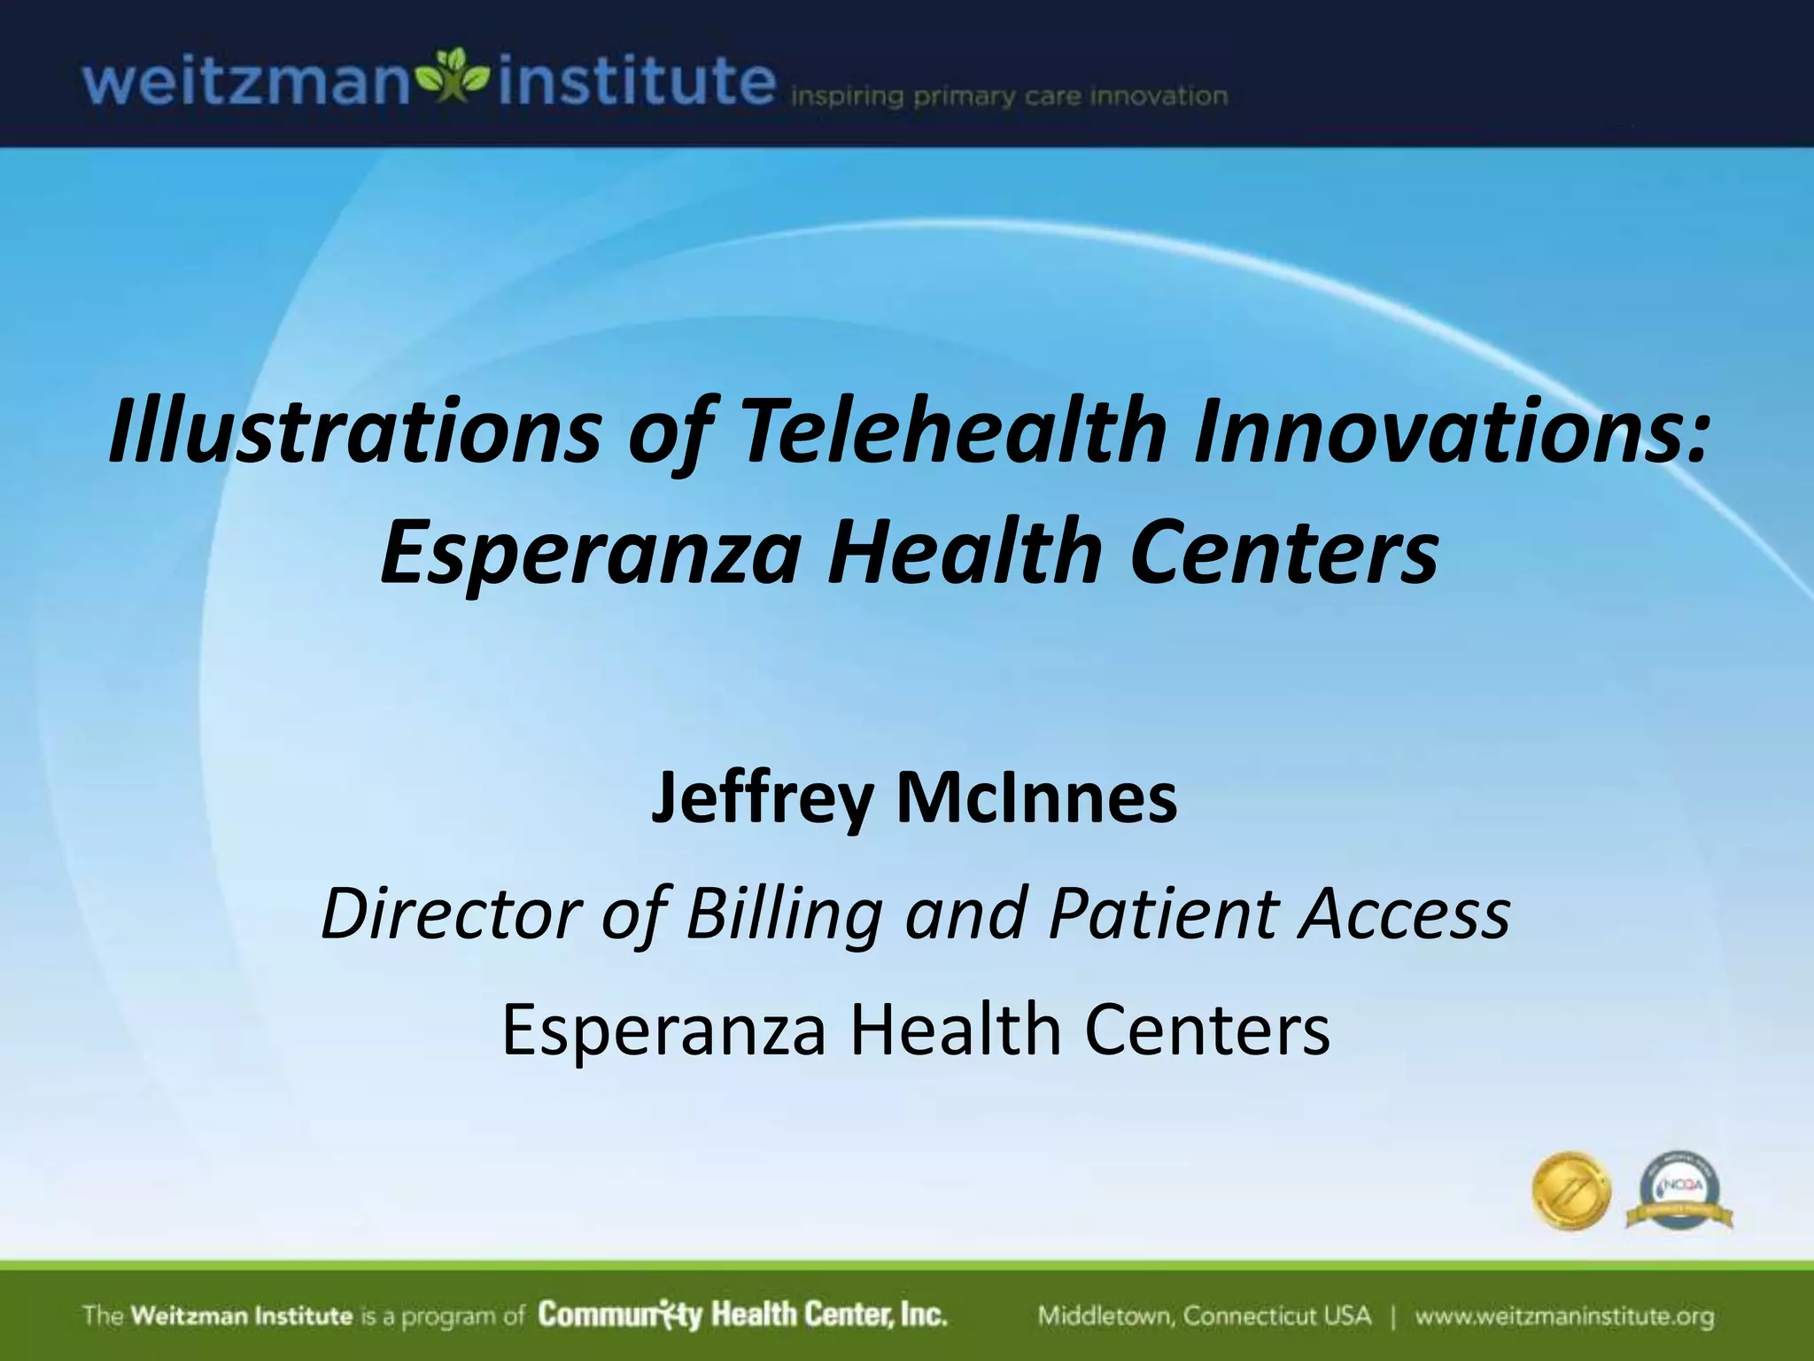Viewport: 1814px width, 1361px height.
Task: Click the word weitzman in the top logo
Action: pos(244,84)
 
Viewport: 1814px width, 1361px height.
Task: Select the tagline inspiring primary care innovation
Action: pos(1008,96)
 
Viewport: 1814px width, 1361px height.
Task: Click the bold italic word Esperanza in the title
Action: pos(589,554)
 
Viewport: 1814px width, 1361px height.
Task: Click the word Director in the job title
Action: pos(449,913)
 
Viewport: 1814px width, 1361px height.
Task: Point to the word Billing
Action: pos(784,914)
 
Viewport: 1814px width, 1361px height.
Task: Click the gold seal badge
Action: pos(1570,1191)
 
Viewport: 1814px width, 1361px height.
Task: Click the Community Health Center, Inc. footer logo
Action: pos(742,1315)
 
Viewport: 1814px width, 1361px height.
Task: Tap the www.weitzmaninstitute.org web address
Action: pos(1563,1316)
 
